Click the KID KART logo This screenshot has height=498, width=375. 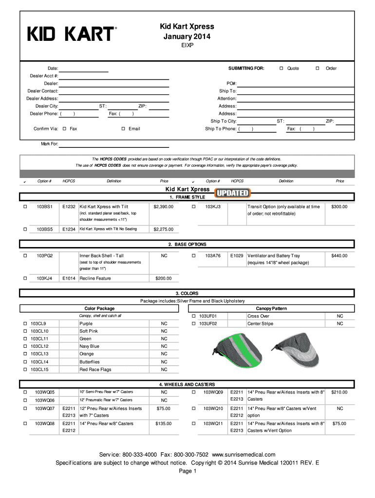point(72,34)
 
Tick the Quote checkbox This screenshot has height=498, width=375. point(281,69)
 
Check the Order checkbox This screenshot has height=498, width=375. point(318,69)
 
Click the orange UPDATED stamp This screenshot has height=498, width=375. point(233,193)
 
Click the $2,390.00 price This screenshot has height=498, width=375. point(163,207)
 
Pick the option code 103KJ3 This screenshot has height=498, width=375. point(213,207)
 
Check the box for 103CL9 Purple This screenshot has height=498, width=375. point(25,323)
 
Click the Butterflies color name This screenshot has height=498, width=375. point(90,362)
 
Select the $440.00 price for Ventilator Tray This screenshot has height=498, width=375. point(339,255)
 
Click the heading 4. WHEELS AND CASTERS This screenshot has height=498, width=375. point(187,384)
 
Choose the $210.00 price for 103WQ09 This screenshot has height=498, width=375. point(339,392)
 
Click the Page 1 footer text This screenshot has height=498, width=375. point(187,471)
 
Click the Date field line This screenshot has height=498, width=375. point(84,69)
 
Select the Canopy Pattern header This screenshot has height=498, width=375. point(271,308)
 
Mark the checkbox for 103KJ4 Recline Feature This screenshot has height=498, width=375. point(25,278)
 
